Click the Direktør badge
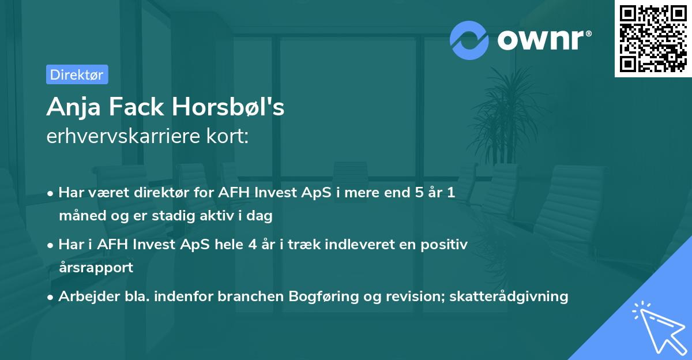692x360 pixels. coord(77,74)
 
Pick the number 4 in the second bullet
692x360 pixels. coord(252,245)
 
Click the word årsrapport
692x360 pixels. coord(96,267)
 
